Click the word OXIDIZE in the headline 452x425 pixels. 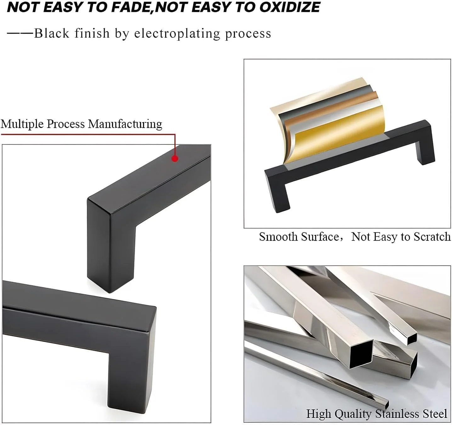[290, 7]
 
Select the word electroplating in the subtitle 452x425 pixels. [177, 34]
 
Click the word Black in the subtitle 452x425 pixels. [52, 33]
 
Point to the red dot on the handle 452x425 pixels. [175, 158]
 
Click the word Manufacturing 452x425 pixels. [125, 124]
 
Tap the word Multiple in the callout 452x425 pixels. [22, 124]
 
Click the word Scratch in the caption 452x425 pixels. [432, 237]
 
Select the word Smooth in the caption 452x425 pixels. [278, 237]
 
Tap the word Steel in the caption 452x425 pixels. [435, 414]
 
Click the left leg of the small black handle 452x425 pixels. [280, 197]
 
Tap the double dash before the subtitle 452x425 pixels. [20, 33]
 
